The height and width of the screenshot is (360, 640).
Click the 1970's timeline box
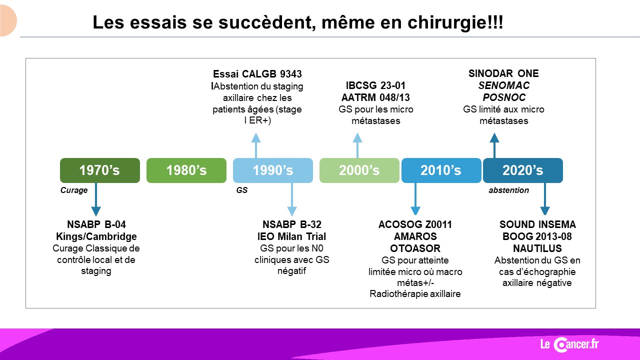[x=100, y=170]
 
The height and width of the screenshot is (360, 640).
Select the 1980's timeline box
[x=186, y=170]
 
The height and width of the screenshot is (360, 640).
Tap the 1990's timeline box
[x=273, y=170]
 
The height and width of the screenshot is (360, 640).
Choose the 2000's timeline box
[x=359, y=170]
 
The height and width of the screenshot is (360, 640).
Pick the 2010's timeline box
[x=441, y=170]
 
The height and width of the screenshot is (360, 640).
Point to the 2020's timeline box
[x=523, y=170]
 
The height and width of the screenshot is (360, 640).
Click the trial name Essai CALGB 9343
[x=257, y=74]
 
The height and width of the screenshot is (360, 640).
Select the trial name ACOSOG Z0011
[x=415, y=224]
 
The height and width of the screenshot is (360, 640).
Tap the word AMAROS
[x=415, y=236]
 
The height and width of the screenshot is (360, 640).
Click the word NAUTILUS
[x=537, y=248]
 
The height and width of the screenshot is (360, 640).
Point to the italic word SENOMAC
[x=503, y=85]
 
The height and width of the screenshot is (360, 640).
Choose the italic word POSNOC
[x=503, y=97]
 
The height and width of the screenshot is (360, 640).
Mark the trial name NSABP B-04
[x=96, y=224]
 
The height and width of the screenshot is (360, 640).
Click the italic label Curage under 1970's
[x=74, y=190]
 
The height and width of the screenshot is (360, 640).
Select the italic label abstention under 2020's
[x=509, y=190]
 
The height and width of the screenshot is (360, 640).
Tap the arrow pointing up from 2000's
[x=357, y=145]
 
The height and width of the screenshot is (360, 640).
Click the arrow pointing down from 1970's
[x=96, y=199]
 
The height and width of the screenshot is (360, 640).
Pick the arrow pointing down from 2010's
[x=415, y=199]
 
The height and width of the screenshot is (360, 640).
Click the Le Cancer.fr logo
[x=569, y=344]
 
